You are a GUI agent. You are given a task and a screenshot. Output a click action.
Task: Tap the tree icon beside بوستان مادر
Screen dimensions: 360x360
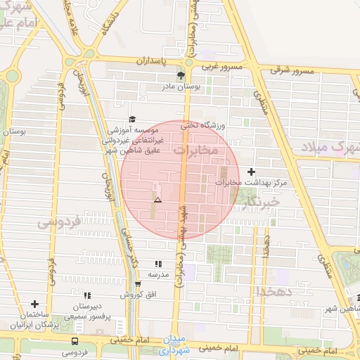click(x=181, y=75)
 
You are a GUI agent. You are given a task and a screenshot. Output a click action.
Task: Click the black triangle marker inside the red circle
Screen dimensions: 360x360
click(x=157, y=200)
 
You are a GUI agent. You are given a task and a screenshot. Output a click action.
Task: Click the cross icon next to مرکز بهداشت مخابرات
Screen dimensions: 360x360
click(x=251, y=172)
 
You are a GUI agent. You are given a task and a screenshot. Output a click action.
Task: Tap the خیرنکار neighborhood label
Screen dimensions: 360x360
click(x=262, y=202)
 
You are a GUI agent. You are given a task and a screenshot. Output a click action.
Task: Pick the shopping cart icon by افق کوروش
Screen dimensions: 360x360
click(x=138, y=285)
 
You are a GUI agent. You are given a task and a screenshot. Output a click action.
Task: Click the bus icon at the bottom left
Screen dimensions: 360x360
click(x=75, y=340)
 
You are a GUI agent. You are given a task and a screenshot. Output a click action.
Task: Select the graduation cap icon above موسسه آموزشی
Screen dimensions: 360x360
click(x=131, y=120)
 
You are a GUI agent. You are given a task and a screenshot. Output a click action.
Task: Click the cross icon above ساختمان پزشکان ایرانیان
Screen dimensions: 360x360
click(x=34, y=304)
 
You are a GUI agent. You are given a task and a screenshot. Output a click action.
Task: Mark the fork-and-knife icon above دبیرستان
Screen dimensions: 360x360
click(x=86, y=296)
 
